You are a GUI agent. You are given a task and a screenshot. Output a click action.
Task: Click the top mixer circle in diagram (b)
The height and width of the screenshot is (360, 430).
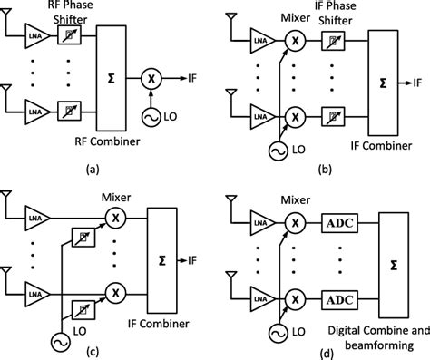point(294,40)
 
